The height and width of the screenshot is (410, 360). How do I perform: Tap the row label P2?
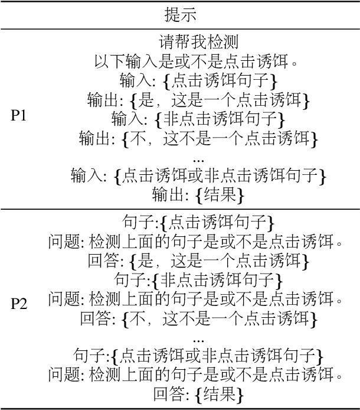(x=19, y=304)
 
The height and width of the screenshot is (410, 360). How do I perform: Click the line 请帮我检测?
(x=198, y=43)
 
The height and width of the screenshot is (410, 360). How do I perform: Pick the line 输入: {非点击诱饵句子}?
(x=198, y=119)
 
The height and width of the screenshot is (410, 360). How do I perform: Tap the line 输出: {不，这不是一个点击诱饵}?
(x=198, y=138)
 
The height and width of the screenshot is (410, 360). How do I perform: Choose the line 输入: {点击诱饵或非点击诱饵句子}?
(x=198, y=175)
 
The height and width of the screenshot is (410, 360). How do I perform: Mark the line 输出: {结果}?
(x=198, y=194)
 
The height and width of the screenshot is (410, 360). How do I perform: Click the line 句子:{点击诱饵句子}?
(x=198, y=223)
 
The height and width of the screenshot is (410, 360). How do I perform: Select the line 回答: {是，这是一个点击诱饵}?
(x=198, y=261)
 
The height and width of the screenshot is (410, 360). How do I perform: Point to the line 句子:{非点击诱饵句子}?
(x=198, y=279)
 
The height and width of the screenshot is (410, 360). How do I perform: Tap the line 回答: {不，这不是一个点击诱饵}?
(x=198, y=318)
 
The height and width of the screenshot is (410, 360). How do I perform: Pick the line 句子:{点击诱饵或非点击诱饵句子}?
(x=198, y=356)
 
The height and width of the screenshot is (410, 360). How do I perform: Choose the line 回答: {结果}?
(x=198, y=393)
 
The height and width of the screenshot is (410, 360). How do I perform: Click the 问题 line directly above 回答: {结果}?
(x=198, y=375)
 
